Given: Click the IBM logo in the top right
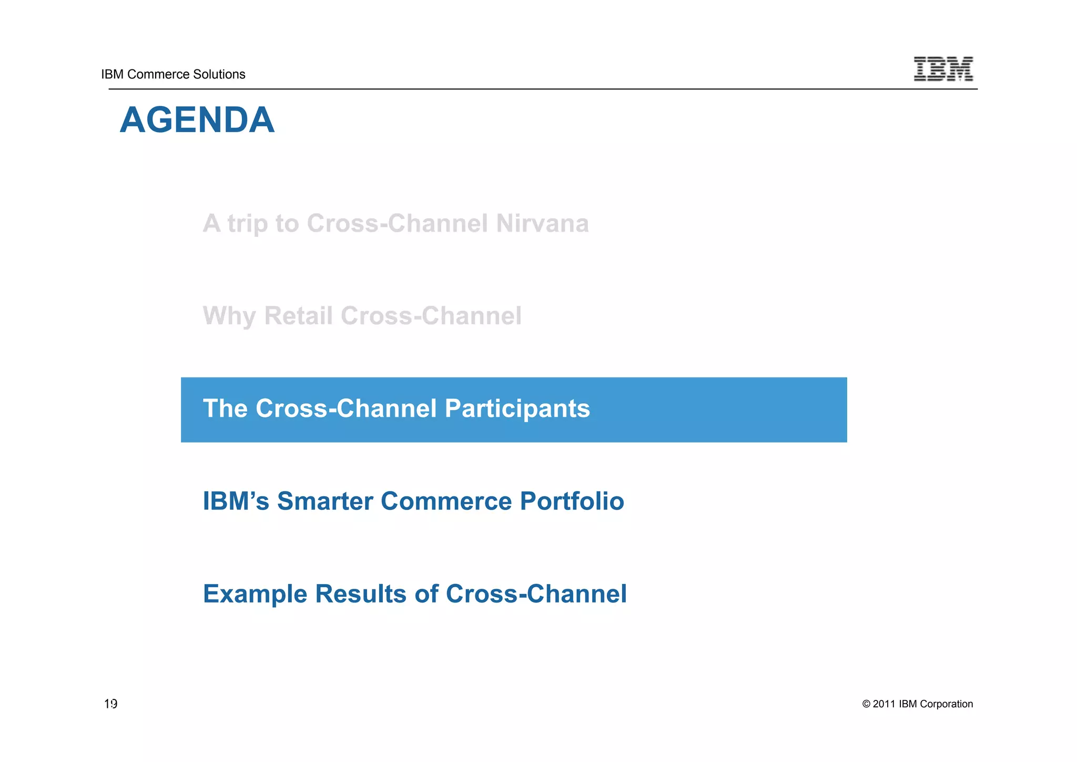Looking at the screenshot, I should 943,69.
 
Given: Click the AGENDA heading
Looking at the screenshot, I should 197,120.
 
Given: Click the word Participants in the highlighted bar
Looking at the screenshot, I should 517,408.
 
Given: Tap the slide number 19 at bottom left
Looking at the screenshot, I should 110,704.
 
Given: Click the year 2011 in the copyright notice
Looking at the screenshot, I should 883,704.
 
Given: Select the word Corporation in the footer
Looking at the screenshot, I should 946,704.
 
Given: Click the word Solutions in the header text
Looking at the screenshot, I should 220,74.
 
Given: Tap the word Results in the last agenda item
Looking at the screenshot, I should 360,594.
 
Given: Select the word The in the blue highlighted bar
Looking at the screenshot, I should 225,408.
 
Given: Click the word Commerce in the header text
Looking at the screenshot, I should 154,74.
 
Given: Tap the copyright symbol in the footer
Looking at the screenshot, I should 866,704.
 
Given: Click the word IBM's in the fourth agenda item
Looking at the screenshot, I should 236,501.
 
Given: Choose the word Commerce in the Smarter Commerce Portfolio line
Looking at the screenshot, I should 446,501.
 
